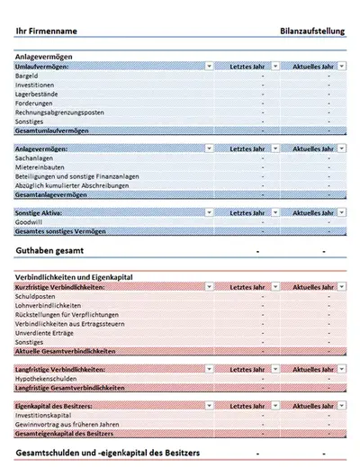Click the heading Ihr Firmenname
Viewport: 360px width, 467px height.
coord(46,31)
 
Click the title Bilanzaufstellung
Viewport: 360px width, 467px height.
coord(312,31)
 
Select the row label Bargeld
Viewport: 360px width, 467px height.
coord(28,77)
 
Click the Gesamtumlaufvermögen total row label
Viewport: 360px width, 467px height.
coord(54,130)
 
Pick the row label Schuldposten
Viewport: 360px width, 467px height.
coord(37,296)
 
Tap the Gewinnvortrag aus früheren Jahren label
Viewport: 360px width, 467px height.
coord(67,426)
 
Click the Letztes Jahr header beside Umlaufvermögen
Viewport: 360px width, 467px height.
coord(247,67)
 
